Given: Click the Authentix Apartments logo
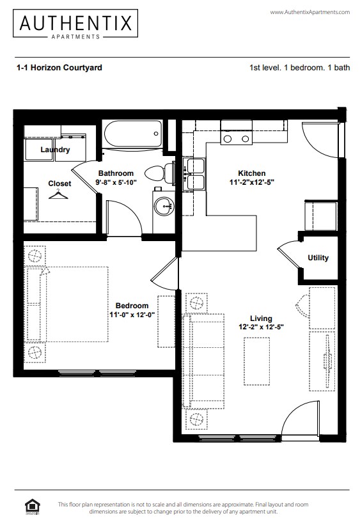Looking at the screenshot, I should tap(76, 26).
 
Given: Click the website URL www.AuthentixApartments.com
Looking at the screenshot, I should tap(310, 12).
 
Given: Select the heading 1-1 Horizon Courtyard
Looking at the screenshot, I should tap(59, 67).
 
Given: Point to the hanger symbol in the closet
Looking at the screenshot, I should tap(59, 193).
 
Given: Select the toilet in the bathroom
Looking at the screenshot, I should tap(160, 172).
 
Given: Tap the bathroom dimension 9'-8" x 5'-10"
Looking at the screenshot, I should tap(116, 182).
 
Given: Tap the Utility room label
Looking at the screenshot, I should tap(318, 258).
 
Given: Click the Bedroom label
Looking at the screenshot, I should tap(132, 306).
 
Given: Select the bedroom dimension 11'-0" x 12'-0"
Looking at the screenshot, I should tap(132, 315).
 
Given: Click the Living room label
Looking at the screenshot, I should tap(261, 318).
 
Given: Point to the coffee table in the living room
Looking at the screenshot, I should tap(256, 361).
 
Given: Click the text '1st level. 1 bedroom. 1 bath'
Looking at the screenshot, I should tap(299, 67).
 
